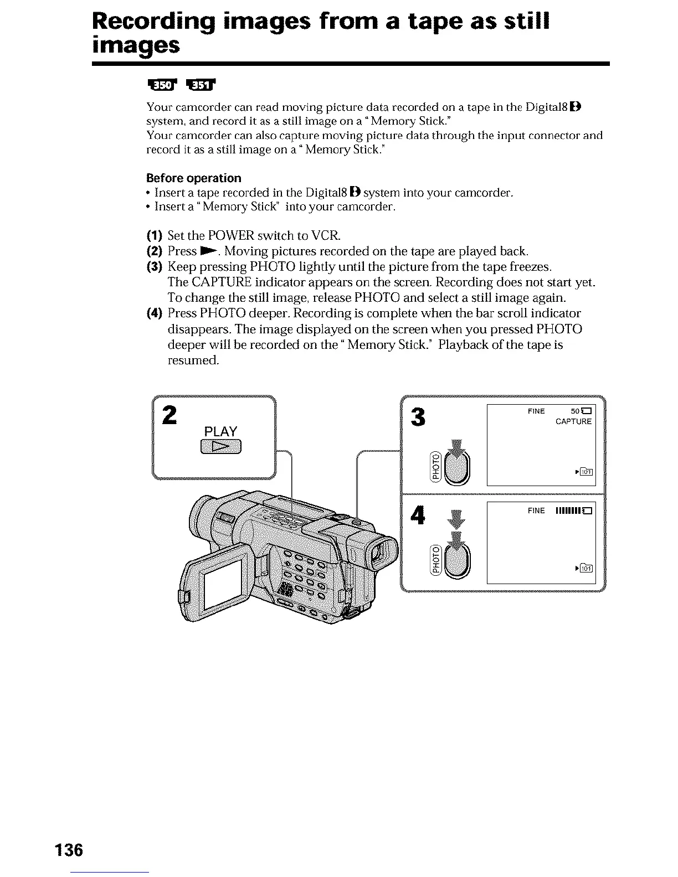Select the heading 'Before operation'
[x=193, y=178]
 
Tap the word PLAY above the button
[x=220, y=431]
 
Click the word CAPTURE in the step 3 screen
[x=573, y=422]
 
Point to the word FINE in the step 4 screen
[x=536, y=510]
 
